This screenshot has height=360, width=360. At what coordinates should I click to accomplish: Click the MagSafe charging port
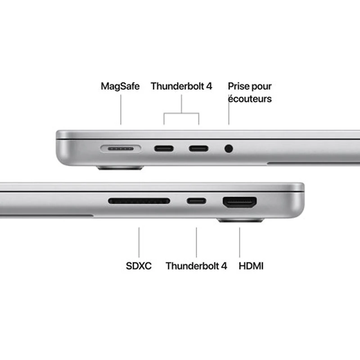121,148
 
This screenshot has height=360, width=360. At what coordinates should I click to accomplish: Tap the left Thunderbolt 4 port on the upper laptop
164,148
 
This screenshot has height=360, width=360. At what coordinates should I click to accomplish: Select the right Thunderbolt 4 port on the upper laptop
198,148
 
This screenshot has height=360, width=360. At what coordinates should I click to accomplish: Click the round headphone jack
229,148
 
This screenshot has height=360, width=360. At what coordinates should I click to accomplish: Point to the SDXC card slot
139,201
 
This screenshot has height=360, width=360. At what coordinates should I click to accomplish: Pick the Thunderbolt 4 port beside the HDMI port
197,201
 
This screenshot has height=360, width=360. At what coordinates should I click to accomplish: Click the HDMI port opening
239,202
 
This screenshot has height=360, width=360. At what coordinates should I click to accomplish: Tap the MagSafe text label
120,86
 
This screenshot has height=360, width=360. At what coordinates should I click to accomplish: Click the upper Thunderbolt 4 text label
181,86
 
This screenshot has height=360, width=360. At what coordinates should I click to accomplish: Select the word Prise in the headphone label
238,86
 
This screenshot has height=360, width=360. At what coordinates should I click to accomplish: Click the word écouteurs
250,99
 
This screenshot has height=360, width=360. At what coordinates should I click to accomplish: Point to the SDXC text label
139,266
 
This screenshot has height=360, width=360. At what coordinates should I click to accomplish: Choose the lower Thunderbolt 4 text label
196,266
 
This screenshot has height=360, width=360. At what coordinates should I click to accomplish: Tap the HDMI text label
251,266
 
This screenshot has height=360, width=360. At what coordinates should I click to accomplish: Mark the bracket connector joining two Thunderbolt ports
181,112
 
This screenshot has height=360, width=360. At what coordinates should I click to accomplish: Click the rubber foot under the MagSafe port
120,168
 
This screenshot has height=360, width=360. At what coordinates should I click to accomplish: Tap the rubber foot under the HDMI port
240,220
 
